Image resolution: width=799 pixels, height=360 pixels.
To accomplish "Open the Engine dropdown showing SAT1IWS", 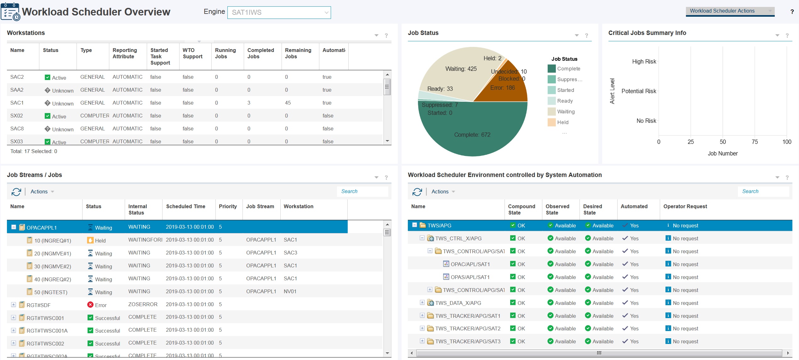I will [279, 13].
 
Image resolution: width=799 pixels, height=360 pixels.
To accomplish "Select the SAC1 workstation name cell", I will [17, 103].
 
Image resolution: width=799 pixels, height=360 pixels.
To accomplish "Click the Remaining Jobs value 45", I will [288, 103].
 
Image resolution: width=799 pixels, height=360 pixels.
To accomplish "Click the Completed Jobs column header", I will [260, 53].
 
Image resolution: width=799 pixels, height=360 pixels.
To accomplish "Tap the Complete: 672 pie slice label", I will [472, 135].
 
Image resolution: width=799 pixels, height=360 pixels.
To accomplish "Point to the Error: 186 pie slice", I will [502, 88].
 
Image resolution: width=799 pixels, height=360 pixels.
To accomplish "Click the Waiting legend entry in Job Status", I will [565, 111].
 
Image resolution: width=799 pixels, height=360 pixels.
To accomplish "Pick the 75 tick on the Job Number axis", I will [755, 142].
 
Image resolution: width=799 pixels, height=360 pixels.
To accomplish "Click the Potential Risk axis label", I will [638, 91].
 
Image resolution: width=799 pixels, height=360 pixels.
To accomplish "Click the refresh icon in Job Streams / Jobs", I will [16, 191].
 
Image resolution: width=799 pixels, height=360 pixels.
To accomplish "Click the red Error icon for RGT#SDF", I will [90, 305].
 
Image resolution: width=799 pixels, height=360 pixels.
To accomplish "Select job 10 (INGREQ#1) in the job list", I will [53, 241].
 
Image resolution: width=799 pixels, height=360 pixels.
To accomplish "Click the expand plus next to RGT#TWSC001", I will [14, 317].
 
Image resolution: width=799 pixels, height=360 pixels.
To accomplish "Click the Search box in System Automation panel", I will [762, 191].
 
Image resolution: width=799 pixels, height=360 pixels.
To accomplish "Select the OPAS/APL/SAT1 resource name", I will [470, 277].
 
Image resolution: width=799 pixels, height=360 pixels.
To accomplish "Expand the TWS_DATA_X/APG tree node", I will [422, 302].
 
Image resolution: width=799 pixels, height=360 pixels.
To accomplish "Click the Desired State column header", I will [592, 209].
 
